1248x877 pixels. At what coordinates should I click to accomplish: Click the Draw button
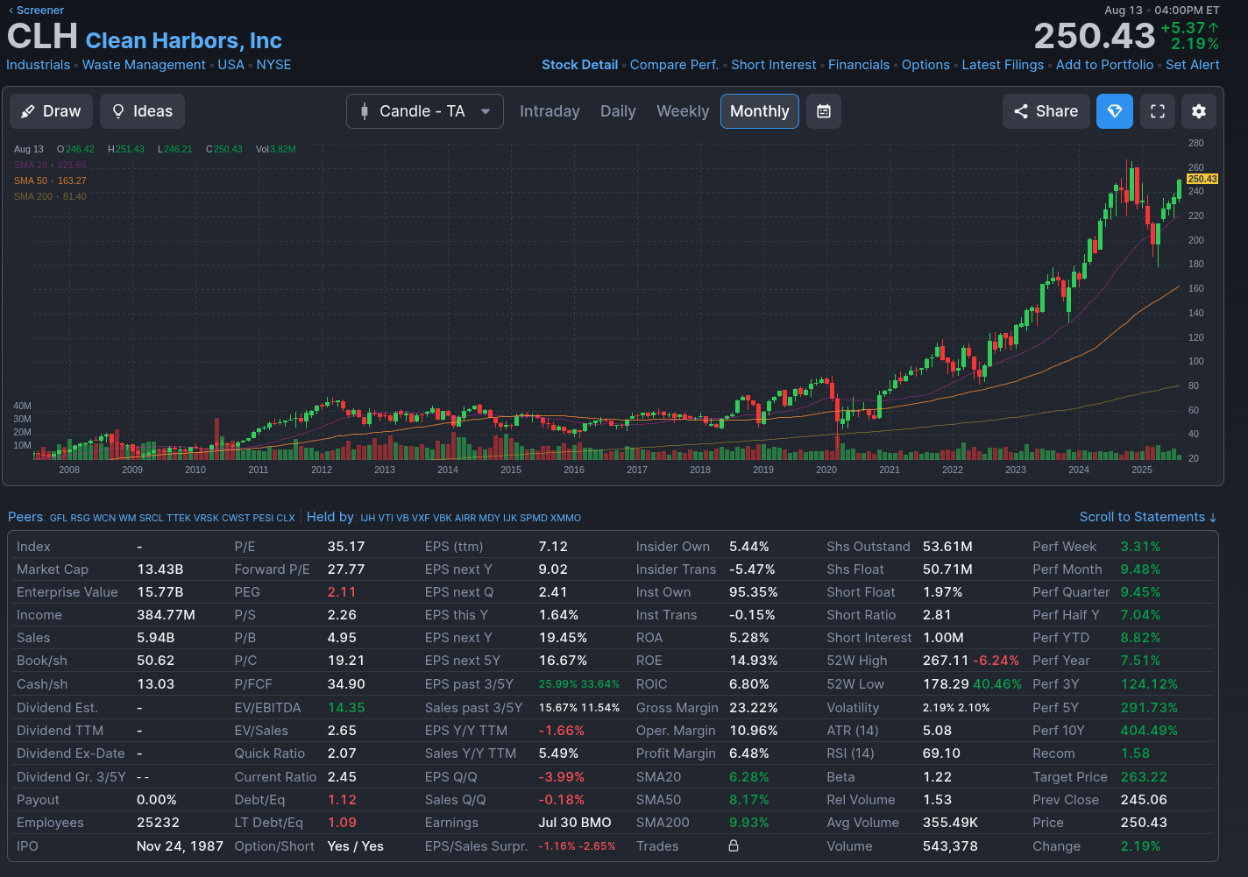tap(51, 111)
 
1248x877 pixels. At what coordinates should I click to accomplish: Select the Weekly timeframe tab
tap(683, 111)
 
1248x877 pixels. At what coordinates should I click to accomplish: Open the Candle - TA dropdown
tap(425, 111)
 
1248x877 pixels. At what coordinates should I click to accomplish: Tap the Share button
tap(1046, 111)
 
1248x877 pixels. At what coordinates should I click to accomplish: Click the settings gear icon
tap(1199, 111)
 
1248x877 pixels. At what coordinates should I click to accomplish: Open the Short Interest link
tap(773, 65)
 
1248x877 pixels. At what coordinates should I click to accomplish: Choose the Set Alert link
tap(1192, 65)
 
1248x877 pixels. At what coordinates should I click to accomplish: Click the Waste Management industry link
tap(144, 65)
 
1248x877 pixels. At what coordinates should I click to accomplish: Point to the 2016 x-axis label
tap(574, 470)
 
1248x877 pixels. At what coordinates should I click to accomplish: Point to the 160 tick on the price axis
tap(1195, 288)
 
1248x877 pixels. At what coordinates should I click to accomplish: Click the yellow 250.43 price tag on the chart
tap(1202, 179)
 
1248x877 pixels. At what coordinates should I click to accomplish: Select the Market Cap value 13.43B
tap(160, 569)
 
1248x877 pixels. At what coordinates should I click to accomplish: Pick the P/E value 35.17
tap(346, 547)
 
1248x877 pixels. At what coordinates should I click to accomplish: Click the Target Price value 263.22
tap(1144, 777)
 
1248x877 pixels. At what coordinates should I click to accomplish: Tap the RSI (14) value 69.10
tap(941, 753)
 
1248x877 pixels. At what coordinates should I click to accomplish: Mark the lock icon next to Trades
tap(734, 845)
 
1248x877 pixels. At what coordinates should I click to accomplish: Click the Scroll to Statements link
tap(1147, 517)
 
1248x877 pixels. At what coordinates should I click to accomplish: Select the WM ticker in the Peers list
tap(127, 518)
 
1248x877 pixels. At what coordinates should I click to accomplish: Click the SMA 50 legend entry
tap(50, 180)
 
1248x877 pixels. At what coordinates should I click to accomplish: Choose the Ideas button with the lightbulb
tap(142, 111)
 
